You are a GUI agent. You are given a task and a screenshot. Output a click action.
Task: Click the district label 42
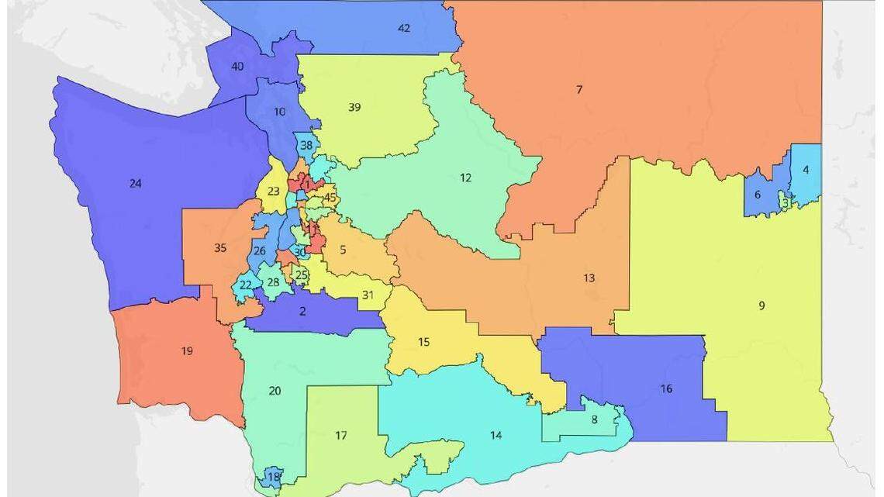tap(404, 28)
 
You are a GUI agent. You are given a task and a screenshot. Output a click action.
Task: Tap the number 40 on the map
tap(238, 67)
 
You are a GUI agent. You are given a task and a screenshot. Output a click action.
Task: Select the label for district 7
tap(579, 90)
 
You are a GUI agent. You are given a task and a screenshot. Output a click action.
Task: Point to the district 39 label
tap(354, 107)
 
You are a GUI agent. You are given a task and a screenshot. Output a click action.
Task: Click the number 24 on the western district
tap(136, 184)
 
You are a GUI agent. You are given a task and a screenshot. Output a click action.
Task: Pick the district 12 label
tap(465, 178)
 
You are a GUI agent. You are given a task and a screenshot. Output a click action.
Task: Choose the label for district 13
tap(589, 278)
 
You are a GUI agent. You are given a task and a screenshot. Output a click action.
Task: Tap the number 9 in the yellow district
tap(761, 305)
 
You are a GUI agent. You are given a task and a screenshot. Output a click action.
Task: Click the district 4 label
tap(806, 170)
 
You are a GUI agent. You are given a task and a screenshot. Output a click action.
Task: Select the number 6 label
tap(758, 195)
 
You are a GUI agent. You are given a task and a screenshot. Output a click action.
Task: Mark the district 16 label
tap(666, 388)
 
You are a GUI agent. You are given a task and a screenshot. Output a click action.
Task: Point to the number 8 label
tap(594, 419)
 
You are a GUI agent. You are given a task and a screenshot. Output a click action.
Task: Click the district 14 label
tap(496, 435)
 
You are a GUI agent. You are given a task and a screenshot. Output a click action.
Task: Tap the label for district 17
tap(340, 435)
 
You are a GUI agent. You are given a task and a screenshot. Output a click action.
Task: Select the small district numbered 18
tap(273, 476)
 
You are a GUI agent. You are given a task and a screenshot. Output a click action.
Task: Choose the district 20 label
tap(275, 391)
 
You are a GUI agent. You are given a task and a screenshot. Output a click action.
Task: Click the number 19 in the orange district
tap(187, 351)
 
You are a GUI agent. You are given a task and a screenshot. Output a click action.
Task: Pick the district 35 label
tap(219, 248)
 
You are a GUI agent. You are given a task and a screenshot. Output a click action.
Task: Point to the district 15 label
tap(423, 342)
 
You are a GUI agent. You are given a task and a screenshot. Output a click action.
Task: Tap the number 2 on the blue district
tap(302, 312)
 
